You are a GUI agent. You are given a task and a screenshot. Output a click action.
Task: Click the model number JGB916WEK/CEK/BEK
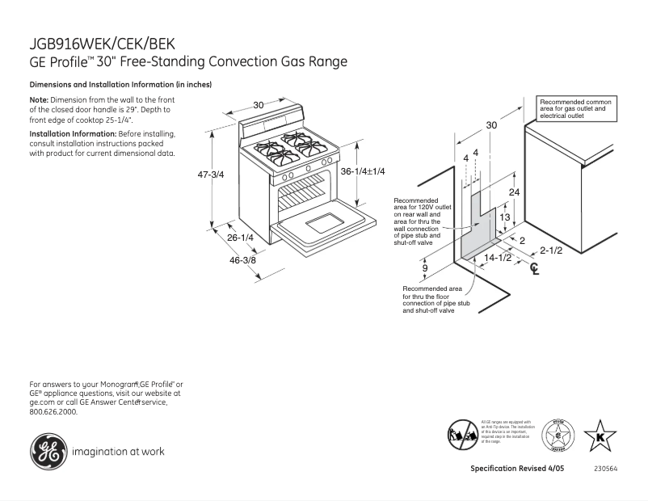click(x=102, y=44)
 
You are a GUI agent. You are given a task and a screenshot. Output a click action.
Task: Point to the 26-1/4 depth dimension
click(x=240, y=238)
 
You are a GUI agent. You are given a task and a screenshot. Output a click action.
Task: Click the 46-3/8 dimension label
click(x=242, y=259)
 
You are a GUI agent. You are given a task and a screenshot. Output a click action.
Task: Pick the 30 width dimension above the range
click(x=259, y=105)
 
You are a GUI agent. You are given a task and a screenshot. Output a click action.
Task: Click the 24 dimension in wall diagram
click(x=514, y=192)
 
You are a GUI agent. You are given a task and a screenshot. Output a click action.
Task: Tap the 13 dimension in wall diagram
click(x=503, y=217)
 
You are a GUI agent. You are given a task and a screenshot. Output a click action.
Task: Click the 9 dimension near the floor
click(x=424, y=267)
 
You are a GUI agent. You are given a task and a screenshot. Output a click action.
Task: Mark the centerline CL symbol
click(x=534, y=269)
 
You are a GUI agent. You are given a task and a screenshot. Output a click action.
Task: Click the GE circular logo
click(x=48, y=451)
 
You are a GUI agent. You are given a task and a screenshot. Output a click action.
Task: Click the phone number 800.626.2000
click(x=53, y=411)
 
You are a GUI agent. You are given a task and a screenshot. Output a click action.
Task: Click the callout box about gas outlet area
click(x=575, y=108)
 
